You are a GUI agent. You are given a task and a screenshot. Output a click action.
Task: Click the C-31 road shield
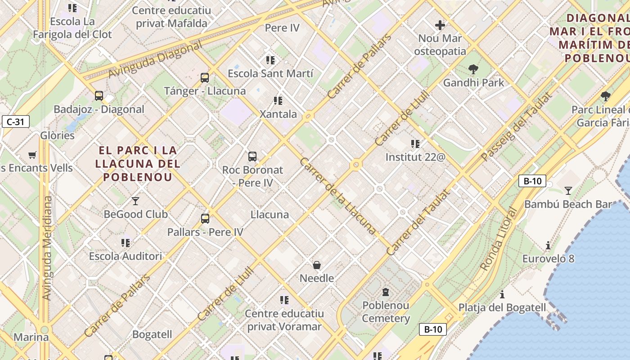pos(16,121)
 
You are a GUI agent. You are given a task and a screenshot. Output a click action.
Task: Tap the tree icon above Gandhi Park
pos(473,69)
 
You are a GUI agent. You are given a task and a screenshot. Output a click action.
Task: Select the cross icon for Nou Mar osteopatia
pos(440,25)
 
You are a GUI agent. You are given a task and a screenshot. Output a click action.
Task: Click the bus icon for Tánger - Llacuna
pos(205,78)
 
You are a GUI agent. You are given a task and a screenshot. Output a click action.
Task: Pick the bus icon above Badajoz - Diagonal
pos(99,96)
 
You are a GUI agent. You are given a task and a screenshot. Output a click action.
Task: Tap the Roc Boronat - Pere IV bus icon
pos(252,157)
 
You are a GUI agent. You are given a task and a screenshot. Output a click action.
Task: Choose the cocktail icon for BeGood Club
pos(135,201)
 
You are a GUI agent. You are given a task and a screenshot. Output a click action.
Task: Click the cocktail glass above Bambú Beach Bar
pos(568,191)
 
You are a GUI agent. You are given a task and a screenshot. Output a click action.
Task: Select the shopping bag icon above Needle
pos(317,265)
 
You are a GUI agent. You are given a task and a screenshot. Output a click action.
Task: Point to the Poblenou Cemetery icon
pos(386,292)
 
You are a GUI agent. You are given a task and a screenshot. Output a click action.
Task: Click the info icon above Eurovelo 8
pos(548,245)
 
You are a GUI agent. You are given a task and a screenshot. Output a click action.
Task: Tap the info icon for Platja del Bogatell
pos(502,294)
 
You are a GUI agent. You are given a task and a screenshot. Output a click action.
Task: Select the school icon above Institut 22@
pos(415,144)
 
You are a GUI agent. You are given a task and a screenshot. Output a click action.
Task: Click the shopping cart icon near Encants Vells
pos(32,155)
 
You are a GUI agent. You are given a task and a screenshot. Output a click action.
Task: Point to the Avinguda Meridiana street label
pos(47,247)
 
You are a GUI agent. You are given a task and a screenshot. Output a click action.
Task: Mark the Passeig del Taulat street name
pos(516,127)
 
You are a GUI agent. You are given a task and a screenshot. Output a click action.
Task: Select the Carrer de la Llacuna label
pos(337,196)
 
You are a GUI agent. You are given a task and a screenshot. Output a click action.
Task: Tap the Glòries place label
pos(58,135)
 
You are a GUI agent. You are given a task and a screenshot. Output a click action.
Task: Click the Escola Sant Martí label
pos(270,73)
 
